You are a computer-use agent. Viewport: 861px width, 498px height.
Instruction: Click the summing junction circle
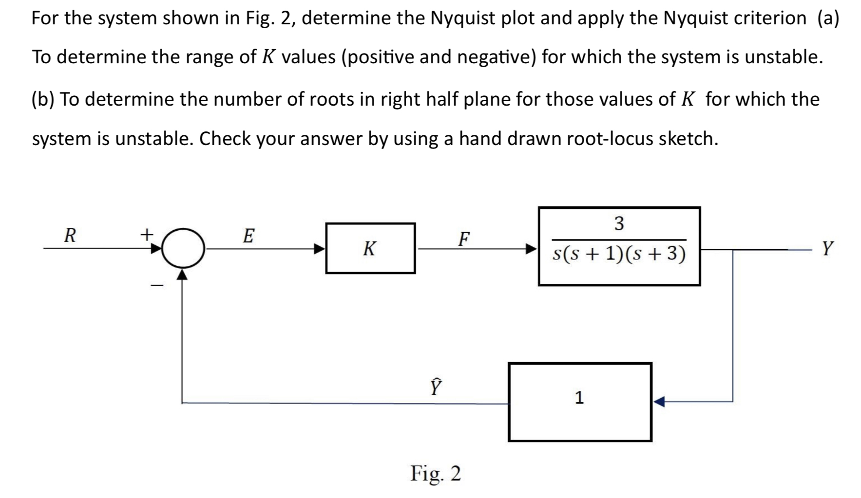[x=183, y=248]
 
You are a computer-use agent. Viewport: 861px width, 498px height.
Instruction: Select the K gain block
[x=370, y=248]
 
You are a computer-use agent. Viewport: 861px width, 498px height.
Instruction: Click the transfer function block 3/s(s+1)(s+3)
[x=619, y=246]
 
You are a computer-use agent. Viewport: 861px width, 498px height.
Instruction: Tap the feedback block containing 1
[x=580, y=402]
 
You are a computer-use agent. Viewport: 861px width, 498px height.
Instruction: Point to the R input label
[x=71, y=236]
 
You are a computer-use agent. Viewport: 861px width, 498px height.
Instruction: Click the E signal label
[x=248, y=236]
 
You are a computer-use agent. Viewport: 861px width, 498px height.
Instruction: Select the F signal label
[x=464, y=239]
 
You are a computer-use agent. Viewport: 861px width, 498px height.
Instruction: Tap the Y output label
[x=827, y=248]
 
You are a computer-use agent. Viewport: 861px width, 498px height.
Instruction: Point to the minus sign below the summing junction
[x=156, y=286]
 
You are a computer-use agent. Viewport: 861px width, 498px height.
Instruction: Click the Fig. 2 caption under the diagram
[x=435, y=473]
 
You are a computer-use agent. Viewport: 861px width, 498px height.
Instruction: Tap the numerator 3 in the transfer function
[x=619, y=223]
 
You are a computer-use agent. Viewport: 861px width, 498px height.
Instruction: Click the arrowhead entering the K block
[x=319, y=249]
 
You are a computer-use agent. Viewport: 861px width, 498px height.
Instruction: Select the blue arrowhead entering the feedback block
[x=659, y=402]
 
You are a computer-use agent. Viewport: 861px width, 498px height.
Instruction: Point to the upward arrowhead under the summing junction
[x=182, y=276]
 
